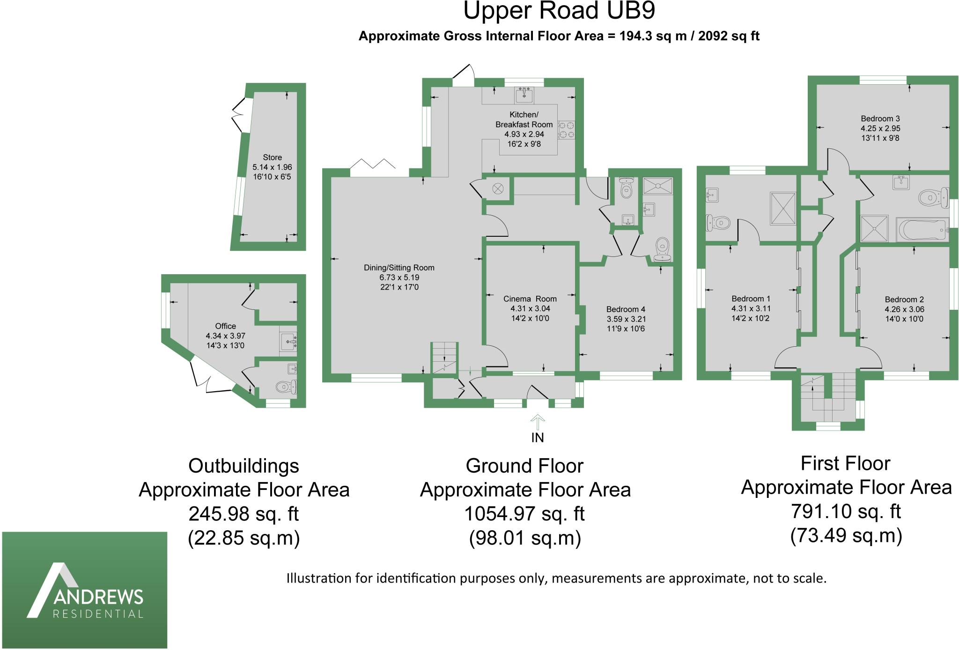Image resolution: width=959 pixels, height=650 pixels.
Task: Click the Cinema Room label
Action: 530,299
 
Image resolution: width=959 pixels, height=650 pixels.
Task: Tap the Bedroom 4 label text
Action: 626,309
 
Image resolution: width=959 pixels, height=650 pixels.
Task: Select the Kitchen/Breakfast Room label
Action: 524,120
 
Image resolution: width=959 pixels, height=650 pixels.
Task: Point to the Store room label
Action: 273,157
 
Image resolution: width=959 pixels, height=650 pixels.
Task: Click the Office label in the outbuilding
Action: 225,326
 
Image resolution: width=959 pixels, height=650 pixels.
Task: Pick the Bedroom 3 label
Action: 880,119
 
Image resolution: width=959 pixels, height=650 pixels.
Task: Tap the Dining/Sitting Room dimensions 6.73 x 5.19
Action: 399,278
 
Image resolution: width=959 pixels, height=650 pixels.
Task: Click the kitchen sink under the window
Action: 524,95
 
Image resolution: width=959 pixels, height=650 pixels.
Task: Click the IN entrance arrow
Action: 538,423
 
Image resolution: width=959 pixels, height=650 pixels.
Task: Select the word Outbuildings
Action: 243,466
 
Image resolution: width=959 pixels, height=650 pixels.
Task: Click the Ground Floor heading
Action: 524,466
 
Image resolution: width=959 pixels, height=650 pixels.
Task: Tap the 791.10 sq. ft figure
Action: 846,511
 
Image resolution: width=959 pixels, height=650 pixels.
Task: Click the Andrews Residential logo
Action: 85,590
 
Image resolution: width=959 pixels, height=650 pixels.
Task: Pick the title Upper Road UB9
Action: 559,11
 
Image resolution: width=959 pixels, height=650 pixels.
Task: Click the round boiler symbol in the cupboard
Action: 498,189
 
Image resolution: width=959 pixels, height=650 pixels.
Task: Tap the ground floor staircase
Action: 444,358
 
